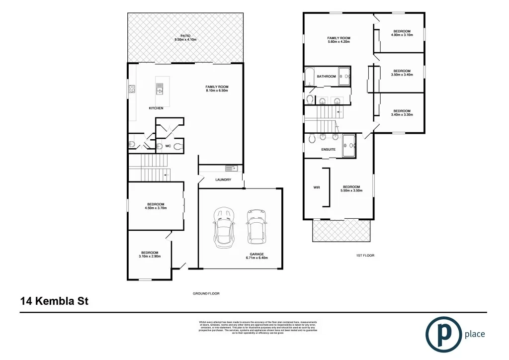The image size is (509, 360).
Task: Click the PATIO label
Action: (185, 35)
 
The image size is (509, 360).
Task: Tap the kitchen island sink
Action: (160, 90)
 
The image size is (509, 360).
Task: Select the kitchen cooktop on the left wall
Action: (132, 90)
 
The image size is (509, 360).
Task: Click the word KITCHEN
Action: (156, 108)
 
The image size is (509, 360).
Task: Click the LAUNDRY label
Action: (223, 180)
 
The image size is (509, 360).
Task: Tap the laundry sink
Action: (231, 168)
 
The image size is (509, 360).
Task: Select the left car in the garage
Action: (223, 229)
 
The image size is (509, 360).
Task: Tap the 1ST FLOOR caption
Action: (365, 255)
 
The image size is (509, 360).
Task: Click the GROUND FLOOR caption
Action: (206, 293)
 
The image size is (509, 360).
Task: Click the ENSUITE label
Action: (328, 149)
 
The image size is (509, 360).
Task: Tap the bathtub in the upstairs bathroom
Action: (309, 77)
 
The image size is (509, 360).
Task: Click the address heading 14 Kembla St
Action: (54, 301)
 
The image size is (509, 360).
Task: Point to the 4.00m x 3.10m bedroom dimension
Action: (401, 35)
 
